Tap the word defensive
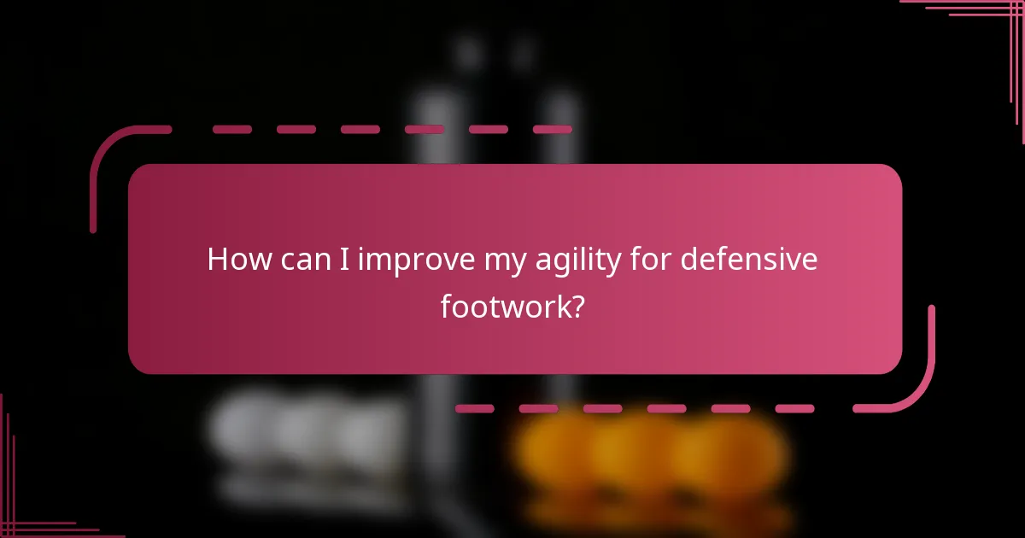tap(749, 260)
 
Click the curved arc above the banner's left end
tap(107, 154)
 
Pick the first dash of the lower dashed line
tap(474, 409)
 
